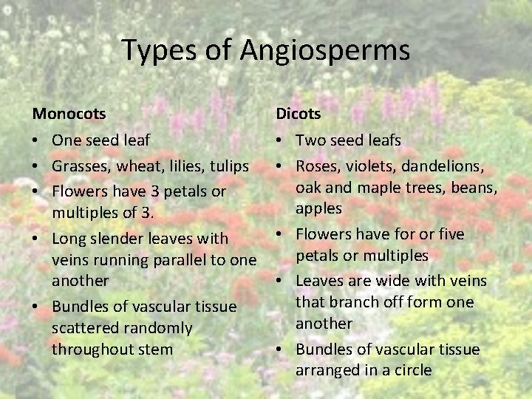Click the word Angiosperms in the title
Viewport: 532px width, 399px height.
pos(325,50)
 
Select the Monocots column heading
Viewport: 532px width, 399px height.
pos(69,114)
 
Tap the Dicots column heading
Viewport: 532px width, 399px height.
pos(299,114)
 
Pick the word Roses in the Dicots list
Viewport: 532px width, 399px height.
pos(316,166)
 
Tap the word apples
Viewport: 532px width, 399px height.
pos(318,208)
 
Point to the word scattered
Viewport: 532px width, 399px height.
pos(81,327)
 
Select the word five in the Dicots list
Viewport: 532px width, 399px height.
pos(449,234)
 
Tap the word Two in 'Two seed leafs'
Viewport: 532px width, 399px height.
pos(310,140)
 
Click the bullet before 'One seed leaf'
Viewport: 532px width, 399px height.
pos(37,140)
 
